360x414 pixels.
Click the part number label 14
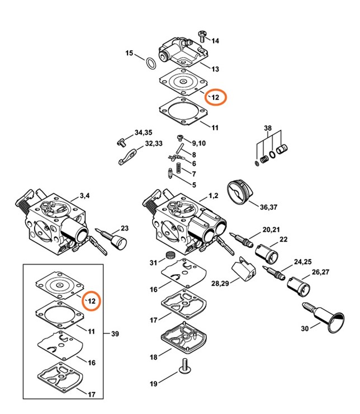coord(215,41)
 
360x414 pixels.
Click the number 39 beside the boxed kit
coord(115,334)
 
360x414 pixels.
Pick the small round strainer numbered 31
coord(166,258)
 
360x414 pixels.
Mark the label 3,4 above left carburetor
coord(84,195)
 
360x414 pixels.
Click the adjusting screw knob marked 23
coord(116,241)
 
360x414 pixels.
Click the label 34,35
coord(143,133)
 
